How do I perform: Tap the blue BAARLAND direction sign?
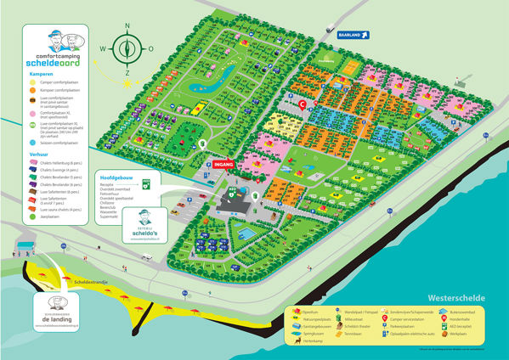point(345,35)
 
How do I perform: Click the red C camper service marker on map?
point(303,104)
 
